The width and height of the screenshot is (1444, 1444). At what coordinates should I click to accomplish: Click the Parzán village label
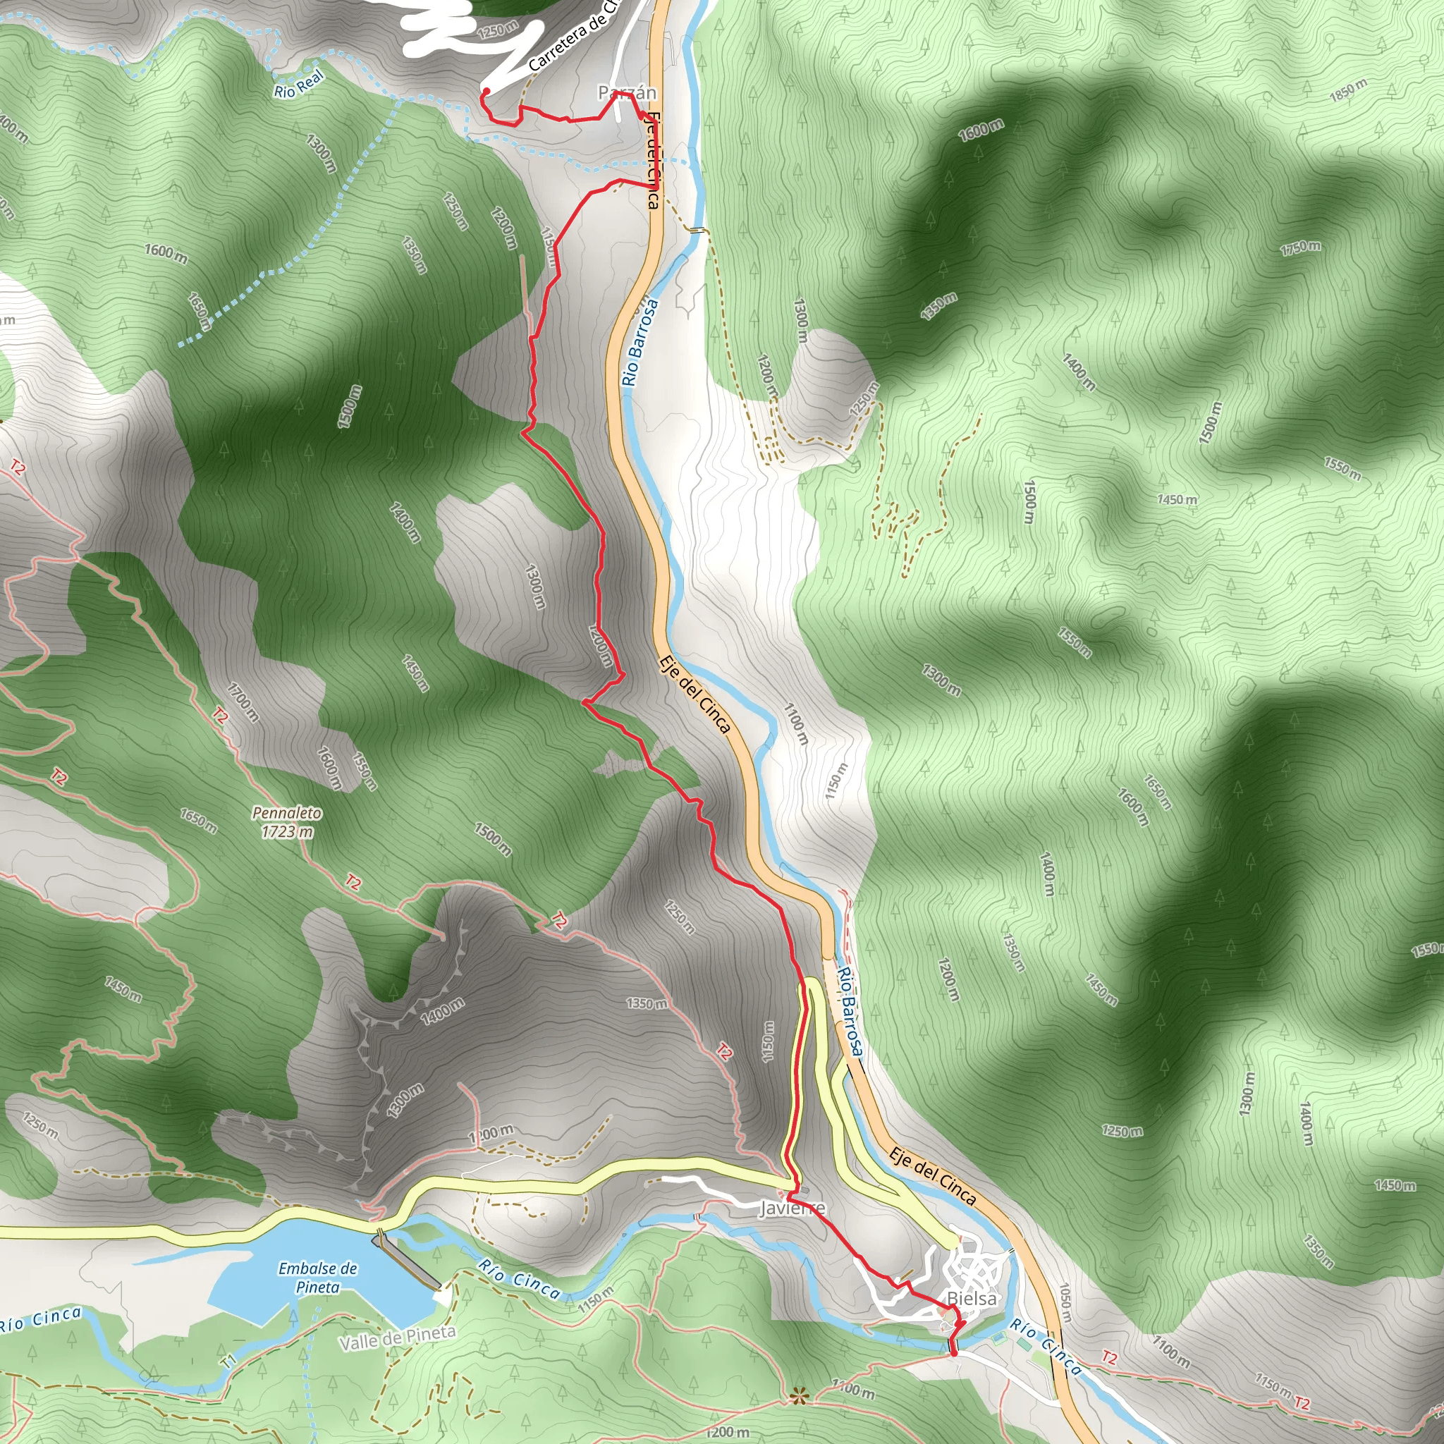coord(626,92)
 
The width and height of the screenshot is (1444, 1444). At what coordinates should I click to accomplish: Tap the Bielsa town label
coord(971,1298)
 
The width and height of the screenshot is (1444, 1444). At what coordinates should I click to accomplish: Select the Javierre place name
coord(793,1209)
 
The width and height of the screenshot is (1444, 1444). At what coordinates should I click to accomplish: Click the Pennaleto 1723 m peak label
coord(287,821)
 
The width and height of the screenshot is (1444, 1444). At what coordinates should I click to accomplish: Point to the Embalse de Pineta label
coord(318,1278)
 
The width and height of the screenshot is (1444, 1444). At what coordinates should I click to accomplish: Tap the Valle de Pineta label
coord(398,1338)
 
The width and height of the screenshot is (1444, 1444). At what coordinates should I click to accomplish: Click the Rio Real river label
coord(299,84)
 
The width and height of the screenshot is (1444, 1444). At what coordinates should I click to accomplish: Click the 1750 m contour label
coord(1300,248)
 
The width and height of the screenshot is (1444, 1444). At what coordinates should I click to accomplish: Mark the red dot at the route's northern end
coord(486,91)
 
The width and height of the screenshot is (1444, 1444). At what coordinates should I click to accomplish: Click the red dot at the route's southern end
coord(953,1353)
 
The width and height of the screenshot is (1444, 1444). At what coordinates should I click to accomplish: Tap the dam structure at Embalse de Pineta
coord(408,1261)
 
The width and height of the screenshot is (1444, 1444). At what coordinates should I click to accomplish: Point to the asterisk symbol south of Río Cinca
coord(799,1396)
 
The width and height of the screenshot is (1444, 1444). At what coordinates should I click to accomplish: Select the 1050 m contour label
coord(1065,1304)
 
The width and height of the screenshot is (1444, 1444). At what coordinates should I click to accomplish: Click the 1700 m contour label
coord(244,702)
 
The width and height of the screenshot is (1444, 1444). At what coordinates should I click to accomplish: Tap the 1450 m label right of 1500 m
coord(1177,499)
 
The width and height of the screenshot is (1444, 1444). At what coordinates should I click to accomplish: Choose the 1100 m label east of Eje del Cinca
coord(796,723)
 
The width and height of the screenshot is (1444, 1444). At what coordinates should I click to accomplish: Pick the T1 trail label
coord(228,1360)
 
